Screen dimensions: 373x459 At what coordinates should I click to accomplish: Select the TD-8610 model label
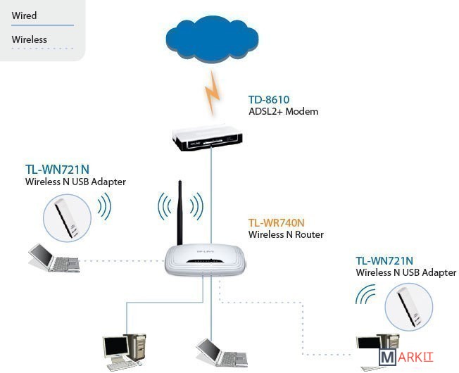click(x=269, y=100)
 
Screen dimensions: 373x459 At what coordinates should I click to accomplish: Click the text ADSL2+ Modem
click(x=283, y=112)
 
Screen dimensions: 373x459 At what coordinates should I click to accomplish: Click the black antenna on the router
click(x=180, y=212)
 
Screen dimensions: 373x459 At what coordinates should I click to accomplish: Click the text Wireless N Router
click(x=286, y=234)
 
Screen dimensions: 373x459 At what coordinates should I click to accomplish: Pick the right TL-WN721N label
click(x=384, y=261)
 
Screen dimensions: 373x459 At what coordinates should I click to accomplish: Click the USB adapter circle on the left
click(x=67, y=218)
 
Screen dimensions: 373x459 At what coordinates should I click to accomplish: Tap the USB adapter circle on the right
click(x=408, y=307)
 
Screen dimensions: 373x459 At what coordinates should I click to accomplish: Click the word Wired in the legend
click(x=24, y=15)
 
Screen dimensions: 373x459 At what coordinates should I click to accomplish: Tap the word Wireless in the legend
click(x=29, y=39)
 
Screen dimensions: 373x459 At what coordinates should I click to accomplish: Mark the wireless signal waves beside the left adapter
click(x=104, y=208)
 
